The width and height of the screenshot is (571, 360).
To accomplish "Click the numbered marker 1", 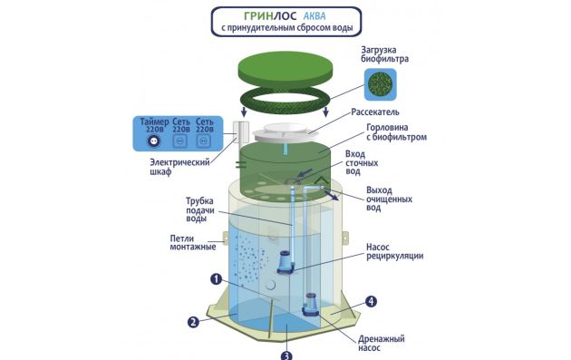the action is (217, 279).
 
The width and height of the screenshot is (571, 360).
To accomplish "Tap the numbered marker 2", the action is (193, 322).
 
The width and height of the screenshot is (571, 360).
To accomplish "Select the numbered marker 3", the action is (286, 355).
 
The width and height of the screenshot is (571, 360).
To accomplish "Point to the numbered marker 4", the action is (371, 301).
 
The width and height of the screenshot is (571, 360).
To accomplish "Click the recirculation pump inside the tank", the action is (285, 262).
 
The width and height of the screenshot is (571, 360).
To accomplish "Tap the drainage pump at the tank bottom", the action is (310, 305).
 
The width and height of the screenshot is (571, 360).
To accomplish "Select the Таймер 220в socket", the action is (154, 141).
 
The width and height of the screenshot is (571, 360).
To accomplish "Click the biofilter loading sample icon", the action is (380, 84).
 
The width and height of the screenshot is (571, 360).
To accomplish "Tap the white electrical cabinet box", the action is (241, 132).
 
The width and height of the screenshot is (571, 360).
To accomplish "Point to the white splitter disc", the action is (285, 132).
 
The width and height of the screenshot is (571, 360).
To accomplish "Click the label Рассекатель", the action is (375, 112).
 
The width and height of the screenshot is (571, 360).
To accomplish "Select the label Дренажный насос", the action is (382, 344).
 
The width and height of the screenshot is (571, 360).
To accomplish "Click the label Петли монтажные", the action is (193, 243).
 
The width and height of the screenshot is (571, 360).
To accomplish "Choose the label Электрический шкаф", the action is (179, 167).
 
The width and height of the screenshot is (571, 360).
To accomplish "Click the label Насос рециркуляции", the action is (395, 251).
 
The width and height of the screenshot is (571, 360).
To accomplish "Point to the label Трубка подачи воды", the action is (200, 209).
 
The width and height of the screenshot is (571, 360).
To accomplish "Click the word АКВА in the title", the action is (315, 16).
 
